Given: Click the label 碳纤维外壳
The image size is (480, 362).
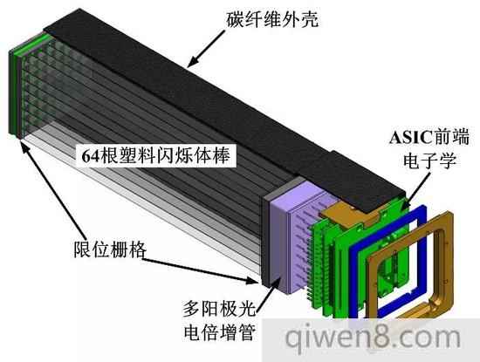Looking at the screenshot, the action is [272, 19].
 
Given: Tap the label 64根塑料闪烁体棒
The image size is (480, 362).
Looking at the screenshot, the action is [156, 155].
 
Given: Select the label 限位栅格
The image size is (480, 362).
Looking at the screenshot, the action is [110, 249].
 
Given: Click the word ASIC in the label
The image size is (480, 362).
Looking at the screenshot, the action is [410, 137].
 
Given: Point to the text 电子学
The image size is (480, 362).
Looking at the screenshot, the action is [429, 160].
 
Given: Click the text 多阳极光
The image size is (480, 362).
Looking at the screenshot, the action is [219, 309].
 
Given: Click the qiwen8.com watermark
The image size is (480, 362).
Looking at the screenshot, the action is [373, 338].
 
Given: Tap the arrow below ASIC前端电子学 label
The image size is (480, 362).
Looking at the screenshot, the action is [418, 188].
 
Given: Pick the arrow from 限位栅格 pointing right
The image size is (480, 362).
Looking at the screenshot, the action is [201, 270].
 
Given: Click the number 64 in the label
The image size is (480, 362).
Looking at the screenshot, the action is [90, 156].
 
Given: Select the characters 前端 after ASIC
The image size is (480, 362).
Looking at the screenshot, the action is [450, 137].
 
